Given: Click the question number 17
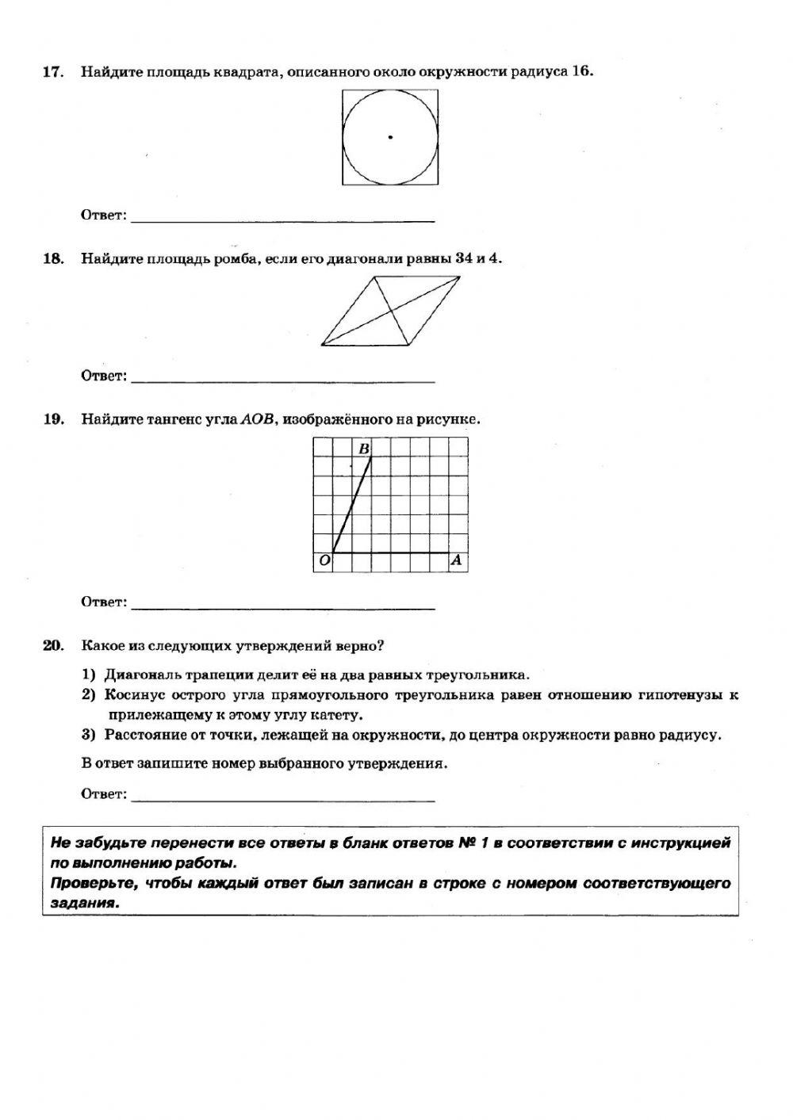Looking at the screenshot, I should (52, 72).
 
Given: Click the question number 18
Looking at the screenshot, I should (52, 259).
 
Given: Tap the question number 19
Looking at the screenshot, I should (52, 419).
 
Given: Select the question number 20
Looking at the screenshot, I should (52, 646).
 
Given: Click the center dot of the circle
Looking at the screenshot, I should (390, 138).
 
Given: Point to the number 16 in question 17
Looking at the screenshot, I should (581, 72).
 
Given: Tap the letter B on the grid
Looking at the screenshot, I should (364, 449).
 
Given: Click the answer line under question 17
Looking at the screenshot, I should (282, 220).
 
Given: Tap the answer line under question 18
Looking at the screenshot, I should (282, 381).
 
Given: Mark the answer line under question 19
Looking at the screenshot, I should (282, 608).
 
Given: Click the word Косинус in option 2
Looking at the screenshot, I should (136, 695).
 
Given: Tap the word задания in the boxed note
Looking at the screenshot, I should (84, 902).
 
